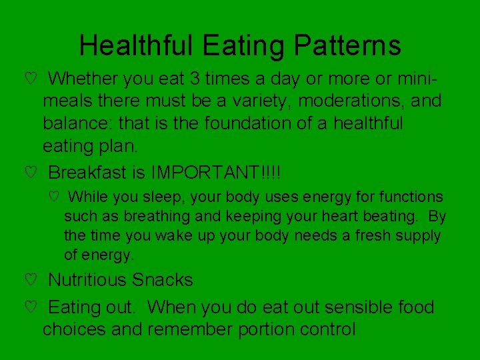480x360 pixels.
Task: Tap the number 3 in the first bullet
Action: coord(195,79)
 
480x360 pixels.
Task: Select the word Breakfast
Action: coord(89,173)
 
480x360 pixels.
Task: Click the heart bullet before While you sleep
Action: coord(54,197)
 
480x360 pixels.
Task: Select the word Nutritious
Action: coord(89,280)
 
